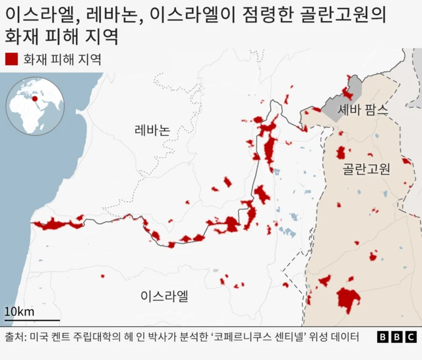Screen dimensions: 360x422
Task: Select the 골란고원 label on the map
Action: point(367,169)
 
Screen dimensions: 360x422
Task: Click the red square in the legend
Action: point(11,59)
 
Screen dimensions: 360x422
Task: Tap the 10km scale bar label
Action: point(19,312)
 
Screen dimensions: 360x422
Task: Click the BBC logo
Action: point(397,338)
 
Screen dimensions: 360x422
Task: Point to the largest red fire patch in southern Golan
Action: point(348,299)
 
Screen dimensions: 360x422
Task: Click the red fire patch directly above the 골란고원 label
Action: point(341,153)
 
